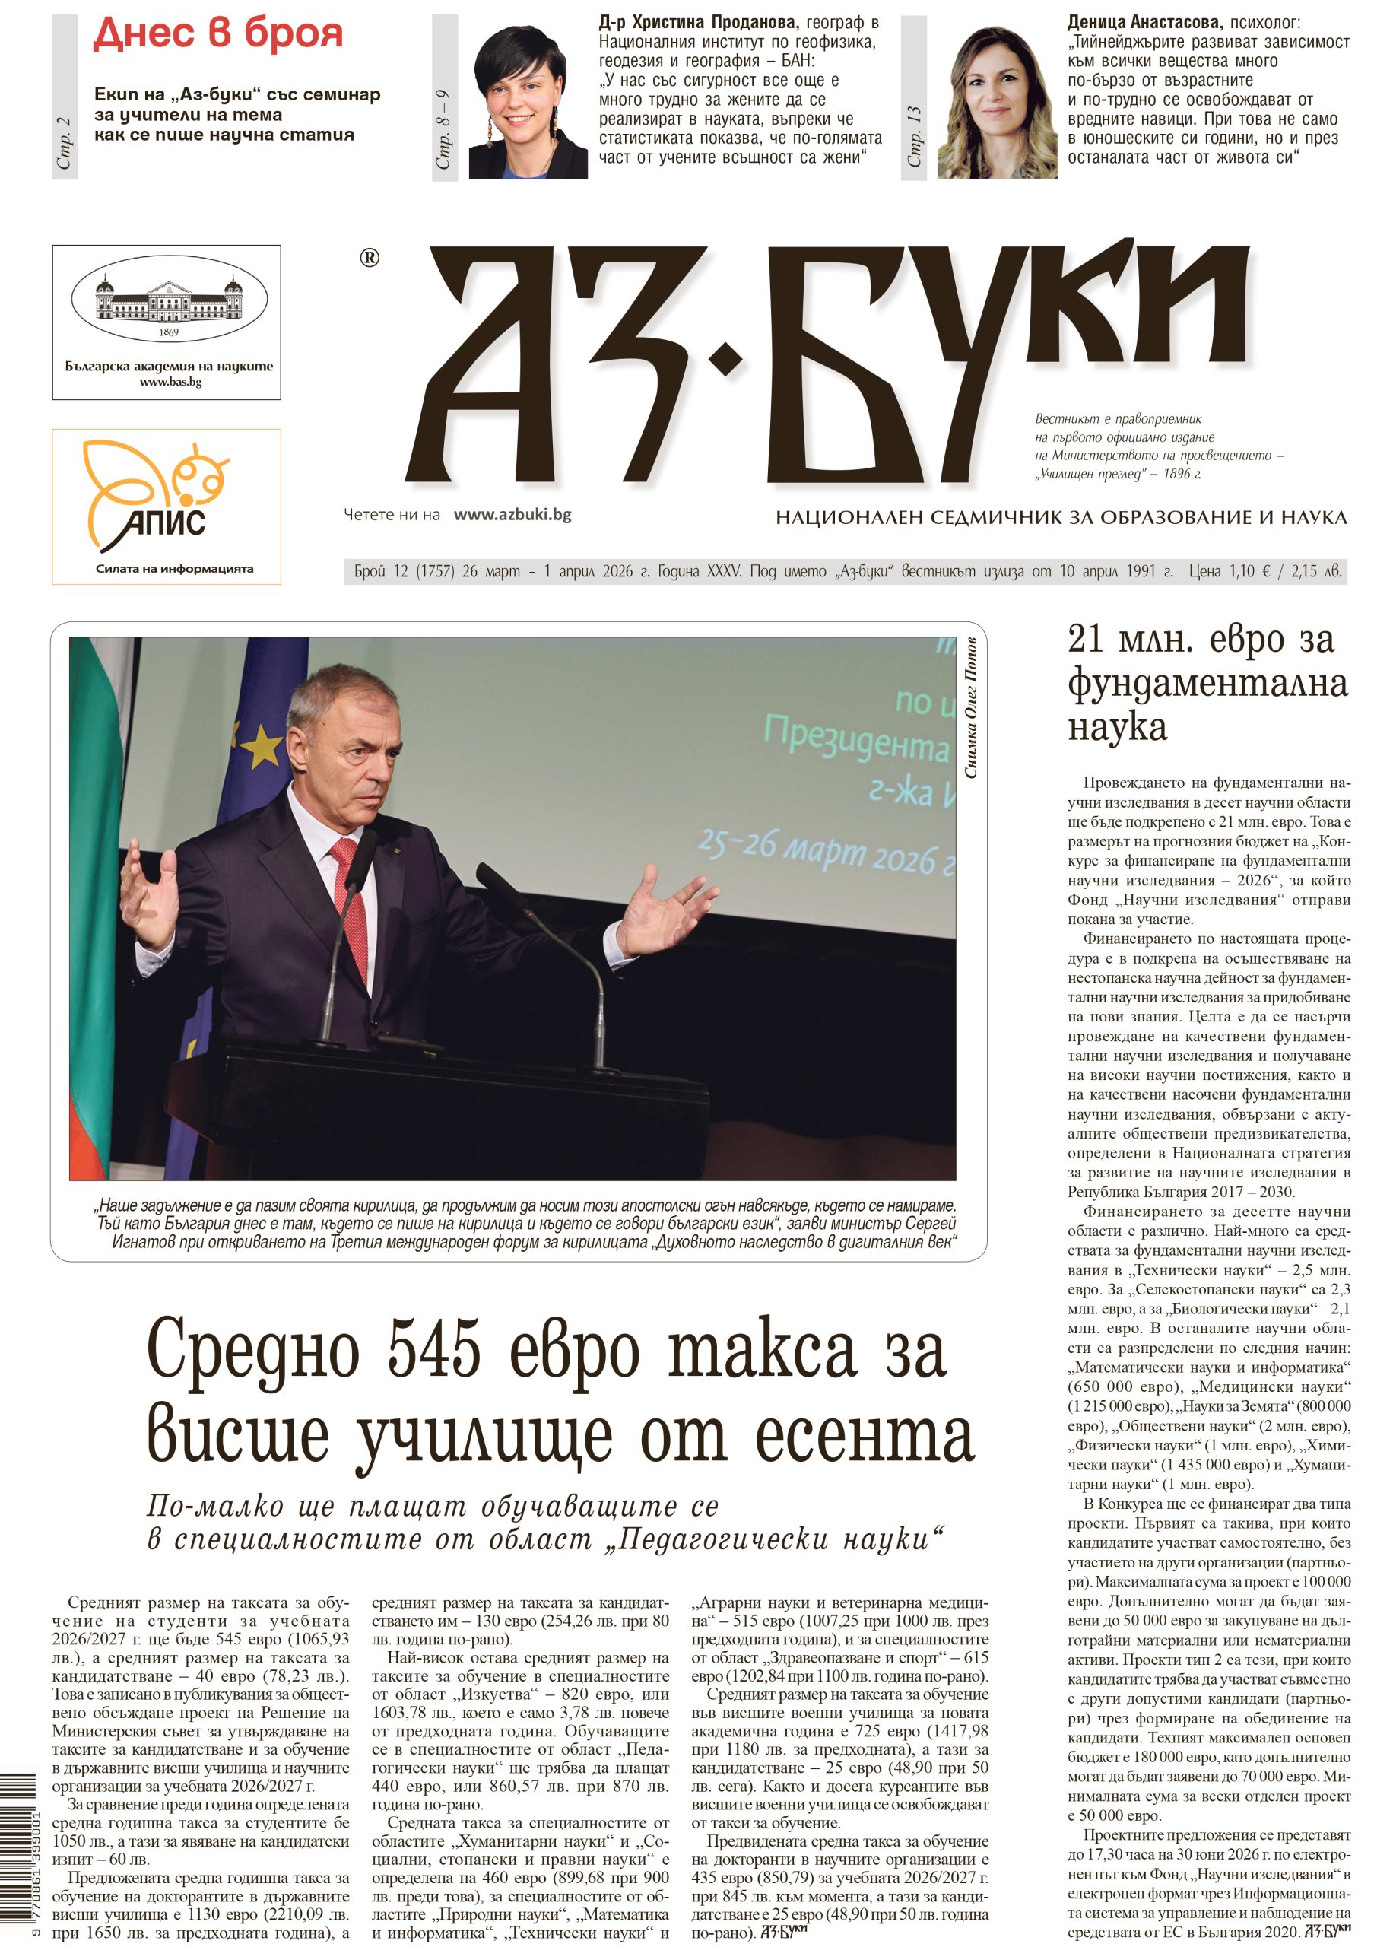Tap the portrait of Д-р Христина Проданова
click(528, 101)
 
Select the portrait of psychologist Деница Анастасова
click(996, 101)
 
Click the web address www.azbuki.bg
click(512, 515)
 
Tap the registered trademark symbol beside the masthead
click(370, 257)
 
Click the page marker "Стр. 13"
click(915, 137)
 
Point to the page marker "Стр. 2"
click(65, 142)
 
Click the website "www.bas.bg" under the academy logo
click(170, 382)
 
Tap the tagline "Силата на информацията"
click(174, 569)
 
